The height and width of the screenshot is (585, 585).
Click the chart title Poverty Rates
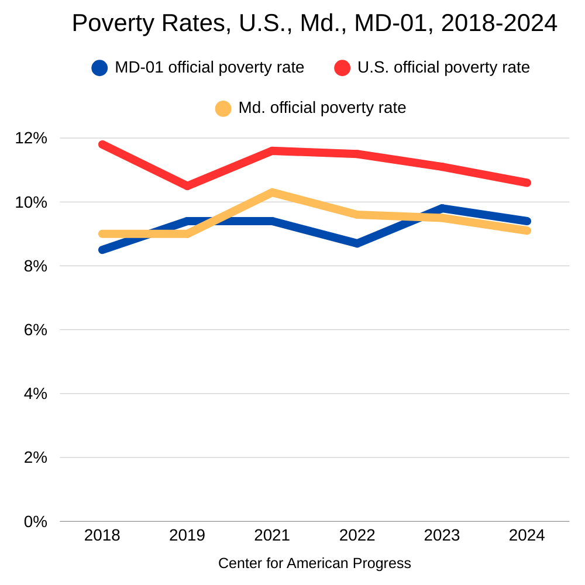coord(314,23)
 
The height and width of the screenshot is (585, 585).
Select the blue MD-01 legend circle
coord(100,68)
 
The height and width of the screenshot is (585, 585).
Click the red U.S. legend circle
coord(342,68)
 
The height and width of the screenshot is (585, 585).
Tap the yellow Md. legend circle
coord(223,108)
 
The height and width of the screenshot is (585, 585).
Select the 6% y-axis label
coord(35,330)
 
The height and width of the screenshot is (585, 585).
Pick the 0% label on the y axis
coord(35,521)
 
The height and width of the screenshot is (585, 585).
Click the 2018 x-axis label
coord(102,535)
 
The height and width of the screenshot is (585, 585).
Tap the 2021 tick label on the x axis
coord(272,535)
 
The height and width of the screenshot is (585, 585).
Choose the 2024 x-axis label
coord(526,535)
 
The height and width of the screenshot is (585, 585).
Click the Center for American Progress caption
coord(315,563)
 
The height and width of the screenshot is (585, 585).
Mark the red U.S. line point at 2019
coord(187,186)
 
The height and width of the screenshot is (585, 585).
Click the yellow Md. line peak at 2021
coord(272,192)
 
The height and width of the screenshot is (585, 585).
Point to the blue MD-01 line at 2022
coord(357,243)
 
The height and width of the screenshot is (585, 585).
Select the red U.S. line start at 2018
coord(102,144)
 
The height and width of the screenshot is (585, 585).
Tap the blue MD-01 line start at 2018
coord(102,250)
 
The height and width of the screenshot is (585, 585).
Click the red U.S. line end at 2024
coord(526,183)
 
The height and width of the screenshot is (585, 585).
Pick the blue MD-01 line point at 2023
coord(442,208)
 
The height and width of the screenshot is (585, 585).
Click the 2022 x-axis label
coord(357,535)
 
